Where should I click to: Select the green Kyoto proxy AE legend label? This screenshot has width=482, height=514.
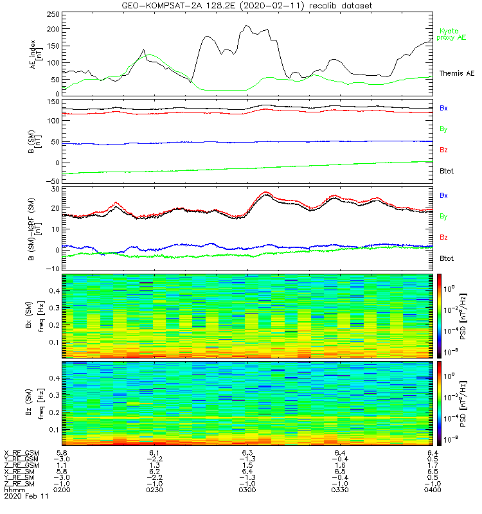[x=452, y=34]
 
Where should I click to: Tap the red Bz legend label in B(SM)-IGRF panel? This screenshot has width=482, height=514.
[x=443, y=238]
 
